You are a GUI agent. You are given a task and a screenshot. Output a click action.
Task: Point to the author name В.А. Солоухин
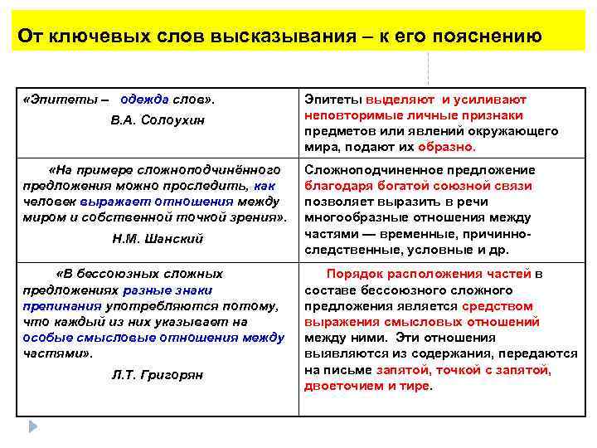pyautogui.click(x=157, y=121)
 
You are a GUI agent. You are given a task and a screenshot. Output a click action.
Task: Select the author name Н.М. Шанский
pyautogui.click(x=157, y=239)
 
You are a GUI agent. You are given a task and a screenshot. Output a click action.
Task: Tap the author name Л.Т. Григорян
pyautogui.click(x=157, y=375)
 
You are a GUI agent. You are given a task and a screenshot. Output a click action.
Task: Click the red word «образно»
pyautogui.click(x=446, y=147)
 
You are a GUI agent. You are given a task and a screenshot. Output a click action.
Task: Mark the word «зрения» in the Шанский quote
pyautogui.click(x=257, y=217)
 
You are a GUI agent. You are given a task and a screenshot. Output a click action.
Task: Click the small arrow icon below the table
pyautogui.click(x=32, y=426)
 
